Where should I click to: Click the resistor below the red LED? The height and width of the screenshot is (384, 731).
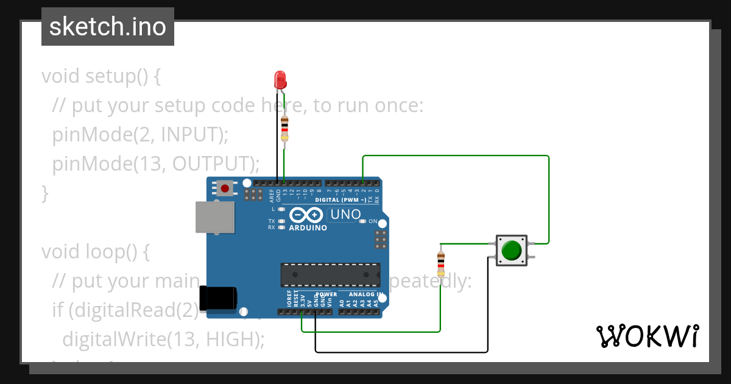284,128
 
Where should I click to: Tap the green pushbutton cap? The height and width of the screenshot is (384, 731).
511,250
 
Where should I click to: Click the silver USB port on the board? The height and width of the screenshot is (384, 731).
214,217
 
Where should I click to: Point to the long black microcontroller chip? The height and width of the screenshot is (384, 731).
330,275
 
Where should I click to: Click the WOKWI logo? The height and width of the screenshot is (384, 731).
647,336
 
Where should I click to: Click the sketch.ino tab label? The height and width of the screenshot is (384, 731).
108,27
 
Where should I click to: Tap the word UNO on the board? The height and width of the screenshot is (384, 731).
345,215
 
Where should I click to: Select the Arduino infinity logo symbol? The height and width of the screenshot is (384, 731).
306,215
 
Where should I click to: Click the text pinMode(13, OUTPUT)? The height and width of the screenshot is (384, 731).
156,163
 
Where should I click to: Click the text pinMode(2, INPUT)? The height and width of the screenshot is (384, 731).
140,134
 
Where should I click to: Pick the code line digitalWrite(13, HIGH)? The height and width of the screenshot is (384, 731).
163,338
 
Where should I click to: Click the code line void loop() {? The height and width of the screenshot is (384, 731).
95,251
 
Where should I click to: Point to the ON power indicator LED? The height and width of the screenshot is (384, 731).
363,221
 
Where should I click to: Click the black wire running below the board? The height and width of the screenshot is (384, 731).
402,352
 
